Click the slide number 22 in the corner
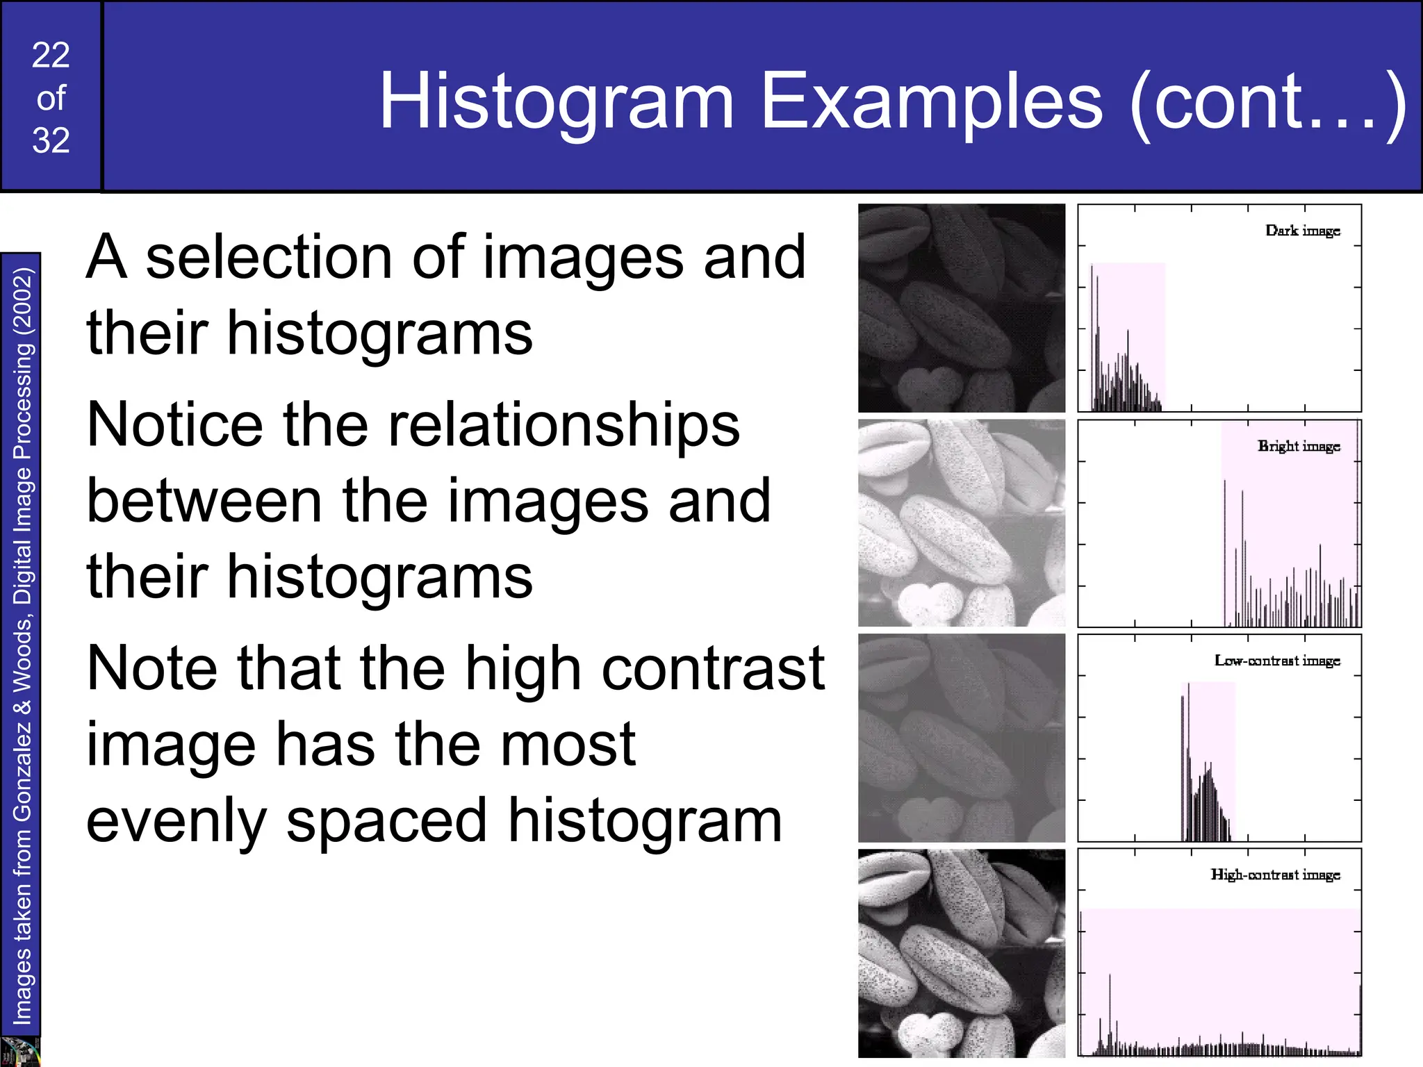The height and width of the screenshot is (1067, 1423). [51, 55]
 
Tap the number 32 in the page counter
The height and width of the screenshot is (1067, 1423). [51, 140]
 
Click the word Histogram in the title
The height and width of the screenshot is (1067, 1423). [556, 103]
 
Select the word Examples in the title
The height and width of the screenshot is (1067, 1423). [931, 103]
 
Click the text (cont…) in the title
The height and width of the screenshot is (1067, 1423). [1268, 103]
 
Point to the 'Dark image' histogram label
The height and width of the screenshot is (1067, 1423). [1302, 231]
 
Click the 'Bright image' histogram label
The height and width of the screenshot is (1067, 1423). [1298, 446]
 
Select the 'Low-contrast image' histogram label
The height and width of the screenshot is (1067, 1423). [1276, 661]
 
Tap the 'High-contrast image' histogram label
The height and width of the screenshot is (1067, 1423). [1275, 875]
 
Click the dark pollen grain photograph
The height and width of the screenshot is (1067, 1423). [961, 308]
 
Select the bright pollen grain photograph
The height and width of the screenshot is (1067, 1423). [961, 522]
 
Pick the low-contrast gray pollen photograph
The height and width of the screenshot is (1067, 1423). [961, 738]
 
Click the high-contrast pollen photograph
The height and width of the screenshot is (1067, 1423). [961, 953]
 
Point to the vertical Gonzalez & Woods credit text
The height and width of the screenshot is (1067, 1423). [22, 646]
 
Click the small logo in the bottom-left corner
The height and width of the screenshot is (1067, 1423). [19, 1052]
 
